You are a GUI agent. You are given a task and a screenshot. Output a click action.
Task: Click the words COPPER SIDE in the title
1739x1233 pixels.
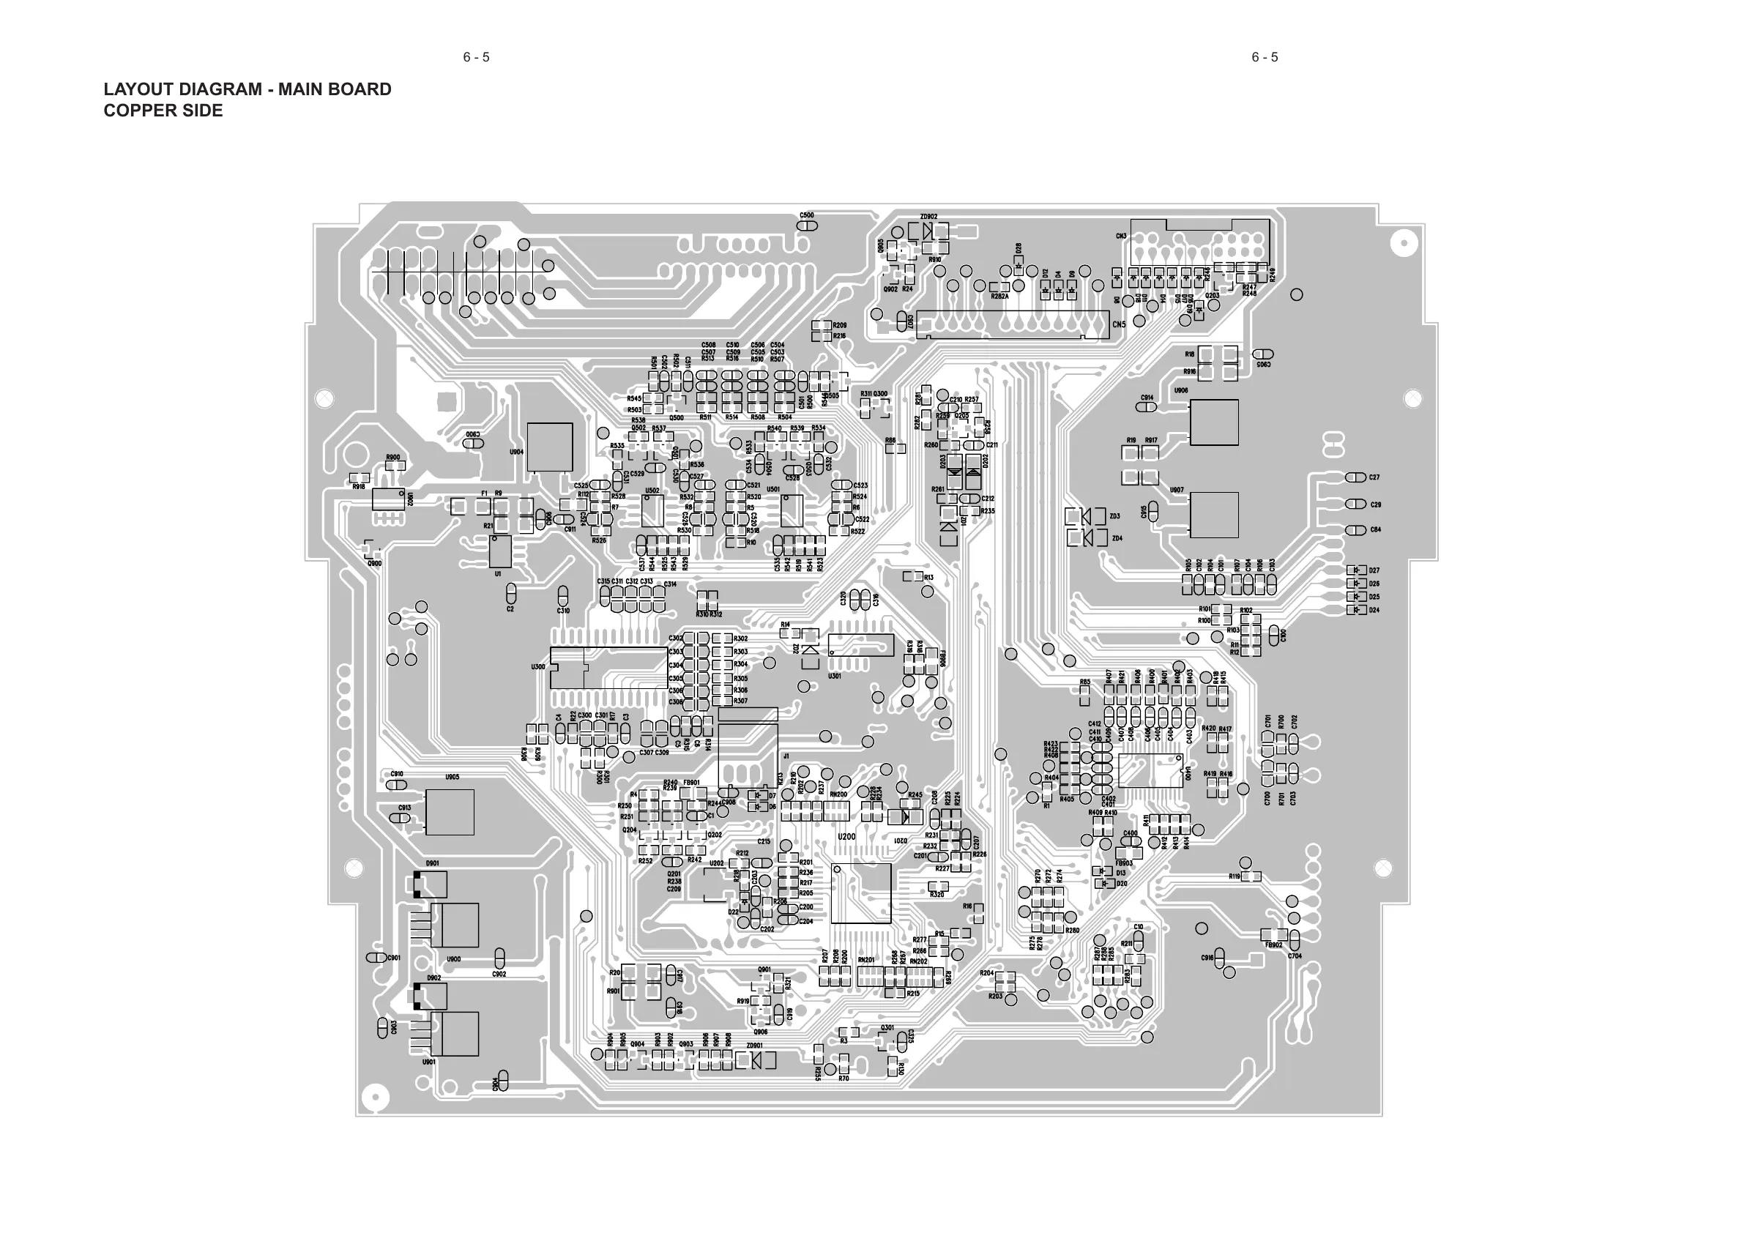coord(163,111)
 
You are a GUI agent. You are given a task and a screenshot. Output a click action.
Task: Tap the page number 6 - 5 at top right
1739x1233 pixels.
coord(1265,57)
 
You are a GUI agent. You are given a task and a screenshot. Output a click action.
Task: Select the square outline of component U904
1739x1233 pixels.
coord(550,447)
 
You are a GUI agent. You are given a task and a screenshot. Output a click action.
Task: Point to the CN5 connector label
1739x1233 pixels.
coord(1119,325)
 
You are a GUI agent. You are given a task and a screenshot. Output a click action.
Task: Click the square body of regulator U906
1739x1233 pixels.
coord(1214,422)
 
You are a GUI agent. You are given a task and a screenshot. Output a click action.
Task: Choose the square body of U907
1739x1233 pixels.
coord(1214,515)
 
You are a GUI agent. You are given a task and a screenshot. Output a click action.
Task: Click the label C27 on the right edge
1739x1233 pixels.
coord(1374,477)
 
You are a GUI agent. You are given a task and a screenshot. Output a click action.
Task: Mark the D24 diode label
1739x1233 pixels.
coord(1374,611)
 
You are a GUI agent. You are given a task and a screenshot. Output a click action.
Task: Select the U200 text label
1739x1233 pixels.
coord(846,837)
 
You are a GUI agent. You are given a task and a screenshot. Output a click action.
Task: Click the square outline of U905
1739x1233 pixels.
coord(450,811)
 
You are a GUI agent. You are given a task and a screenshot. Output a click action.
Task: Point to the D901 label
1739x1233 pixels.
coord(432,864)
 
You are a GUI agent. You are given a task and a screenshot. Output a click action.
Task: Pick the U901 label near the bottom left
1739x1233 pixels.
coord(429,1062)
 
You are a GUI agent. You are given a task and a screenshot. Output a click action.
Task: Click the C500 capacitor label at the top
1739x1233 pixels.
coord(807,215)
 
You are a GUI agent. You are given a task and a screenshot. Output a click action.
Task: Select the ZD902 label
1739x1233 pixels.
coord(928,217)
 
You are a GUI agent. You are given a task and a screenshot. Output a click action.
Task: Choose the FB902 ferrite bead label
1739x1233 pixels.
coord(1274,945)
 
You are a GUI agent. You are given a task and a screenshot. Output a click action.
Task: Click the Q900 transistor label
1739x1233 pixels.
coord(374,563)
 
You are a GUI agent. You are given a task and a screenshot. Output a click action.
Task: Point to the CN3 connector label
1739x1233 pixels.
coord(1121,236)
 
